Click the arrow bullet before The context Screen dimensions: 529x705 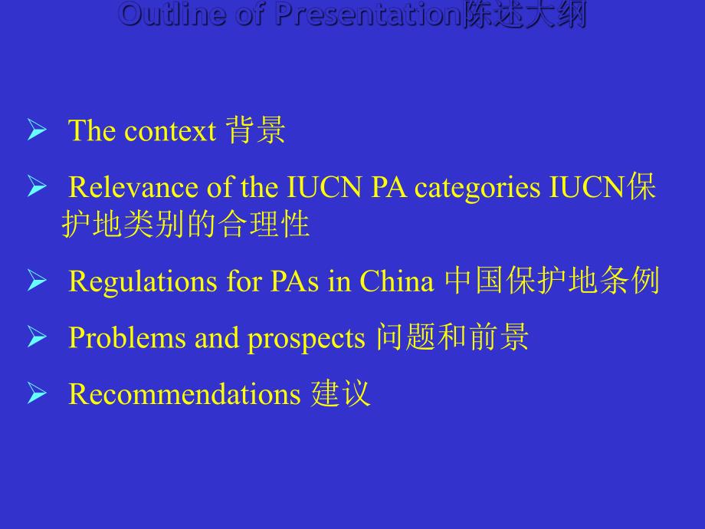(37, 131)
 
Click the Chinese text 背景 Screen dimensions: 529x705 (255, 131)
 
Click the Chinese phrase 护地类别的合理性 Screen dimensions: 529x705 (185, 225)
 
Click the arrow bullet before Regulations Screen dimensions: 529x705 (37, 282)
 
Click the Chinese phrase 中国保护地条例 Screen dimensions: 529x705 (552, 282)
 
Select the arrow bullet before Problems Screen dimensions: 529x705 (37, 338)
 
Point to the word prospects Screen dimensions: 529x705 (306, 338)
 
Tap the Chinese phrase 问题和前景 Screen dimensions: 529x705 (452, 338)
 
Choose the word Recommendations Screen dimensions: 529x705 (184, 394)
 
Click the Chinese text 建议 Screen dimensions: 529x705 (341, 394)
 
